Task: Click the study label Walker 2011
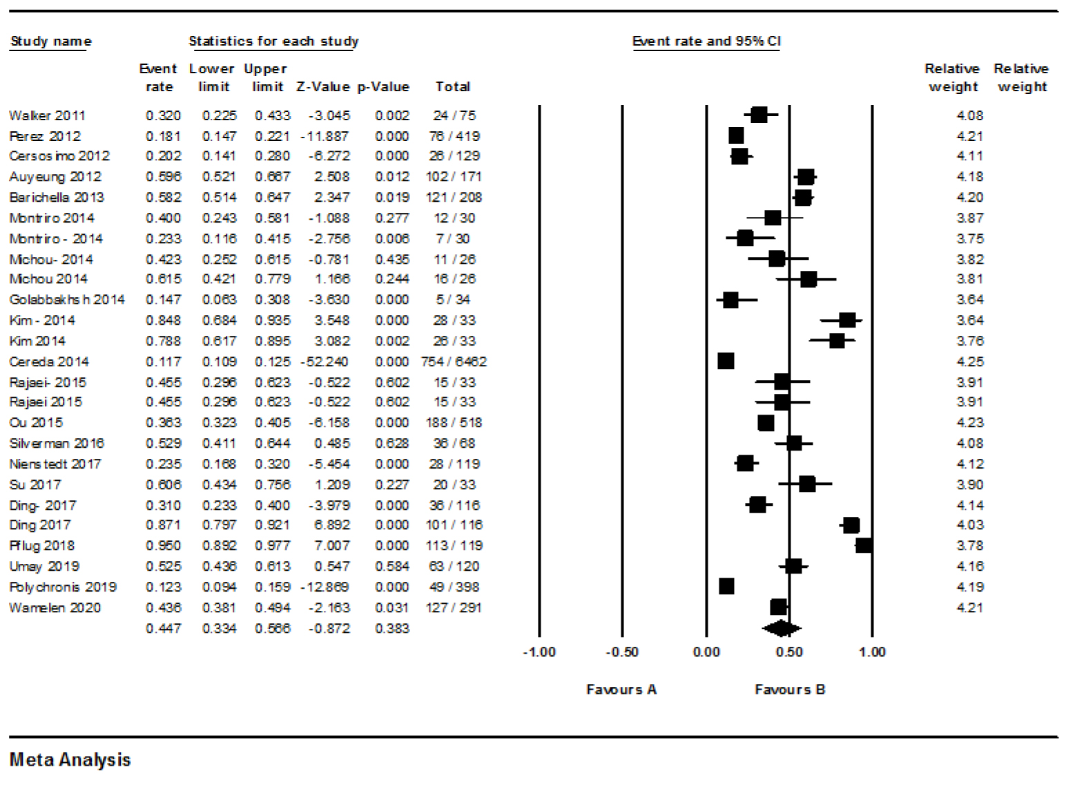click(47, 115)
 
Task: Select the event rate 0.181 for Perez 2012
click(163, 136)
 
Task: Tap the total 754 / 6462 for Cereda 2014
click(454, 361)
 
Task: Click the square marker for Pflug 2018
click(864, 545)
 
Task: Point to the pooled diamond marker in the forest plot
click(781, 628)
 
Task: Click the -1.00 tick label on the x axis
click(539, 652)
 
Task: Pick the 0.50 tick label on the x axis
click(789, 652)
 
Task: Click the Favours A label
click(621, 690)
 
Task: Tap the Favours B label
click(790, 690)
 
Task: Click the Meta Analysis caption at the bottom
click(70, 760)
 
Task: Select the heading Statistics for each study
click(273, 41)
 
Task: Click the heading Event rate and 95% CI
click(706, 41)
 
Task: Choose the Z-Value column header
click(323, 87)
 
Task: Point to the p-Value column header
click(383, 87)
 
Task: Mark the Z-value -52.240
click(324, 361)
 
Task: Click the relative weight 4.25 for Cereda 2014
click(969, 361)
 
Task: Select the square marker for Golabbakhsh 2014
click(730, 300)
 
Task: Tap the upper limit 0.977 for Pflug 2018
click(272, 545)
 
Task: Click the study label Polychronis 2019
click(63, 587)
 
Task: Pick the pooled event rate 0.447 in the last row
click(163, 628)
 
